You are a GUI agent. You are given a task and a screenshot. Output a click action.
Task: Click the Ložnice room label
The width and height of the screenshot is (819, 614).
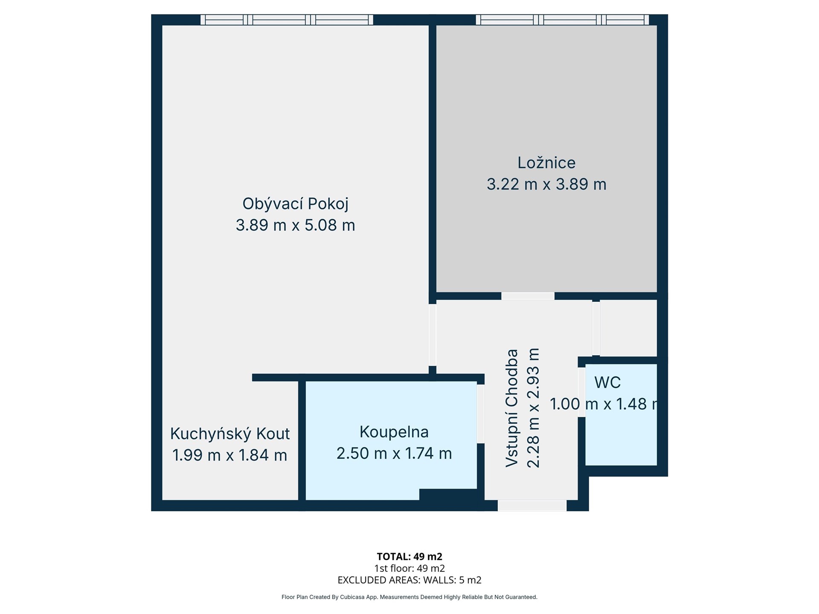click(546, 162)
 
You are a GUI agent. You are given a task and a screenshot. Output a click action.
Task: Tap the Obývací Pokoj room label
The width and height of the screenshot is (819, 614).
click(295, 204)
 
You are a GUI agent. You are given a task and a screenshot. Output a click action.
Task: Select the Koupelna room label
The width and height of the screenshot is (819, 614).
click(394, 432)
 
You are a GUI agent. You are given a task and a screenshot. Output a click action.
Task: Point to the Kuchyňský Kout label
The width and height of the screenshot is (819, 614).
click(230, 434)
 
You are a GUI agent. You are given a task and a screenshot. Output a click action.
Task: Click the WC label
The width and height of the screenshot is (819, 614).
click(607, 382)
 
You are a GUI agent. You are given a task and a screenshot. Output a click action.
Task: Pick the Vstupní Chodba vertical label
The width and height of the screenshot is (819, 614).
click(512, 408)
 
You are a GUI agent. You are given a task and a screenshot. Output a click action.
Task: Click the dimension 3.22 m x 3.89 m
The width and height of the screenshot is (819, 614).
click(546, 184)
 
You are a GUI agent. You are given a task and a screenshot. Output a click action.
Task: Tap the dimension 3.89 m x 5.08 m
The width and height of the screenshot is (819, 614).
click(295, 225)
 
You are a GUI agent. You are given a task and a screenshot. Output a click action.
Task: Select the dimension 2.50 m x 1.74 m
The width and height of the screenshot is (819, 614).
click(394, 453)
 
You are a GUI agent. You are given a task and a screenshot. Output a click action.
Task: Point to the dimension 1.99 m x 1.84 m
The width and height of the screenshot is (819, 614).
click(230, 455)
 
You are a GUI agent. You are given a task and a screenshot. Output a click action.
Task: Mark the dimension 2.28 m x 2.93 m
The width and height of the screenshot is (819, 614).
click(534, 408)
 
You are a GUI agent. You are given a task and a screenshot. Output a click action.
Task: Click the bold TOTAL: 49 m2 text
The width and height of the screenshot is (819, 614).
click(409, 556)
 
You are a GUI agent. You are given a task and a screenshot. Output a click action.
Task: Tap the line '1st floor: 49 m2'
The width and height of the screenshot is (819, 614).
click(409, 568)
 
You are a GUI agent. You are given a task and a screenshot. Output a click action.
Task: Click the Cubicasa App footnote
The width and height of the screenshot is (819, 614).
click(409, 597)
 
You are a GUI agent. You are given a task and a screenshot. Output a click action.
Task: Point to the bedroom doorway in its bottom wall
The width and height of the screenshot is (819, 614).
click(528, 296)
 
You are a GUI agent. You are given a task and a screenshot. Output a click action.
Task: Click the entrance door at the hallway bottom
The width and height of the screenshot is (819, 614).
click(532, 506)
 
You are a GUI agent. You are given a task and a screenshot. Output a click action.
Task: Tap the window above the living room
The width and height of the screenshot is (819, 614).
click(287, 20)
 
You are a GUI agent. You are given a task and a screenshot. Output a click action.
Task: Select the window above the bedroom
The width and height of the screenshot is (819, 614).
click(562, 20)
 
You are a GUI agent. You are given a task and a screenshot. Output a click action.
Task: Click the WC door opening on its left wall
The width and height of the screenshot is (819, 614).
click(581, 392)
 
